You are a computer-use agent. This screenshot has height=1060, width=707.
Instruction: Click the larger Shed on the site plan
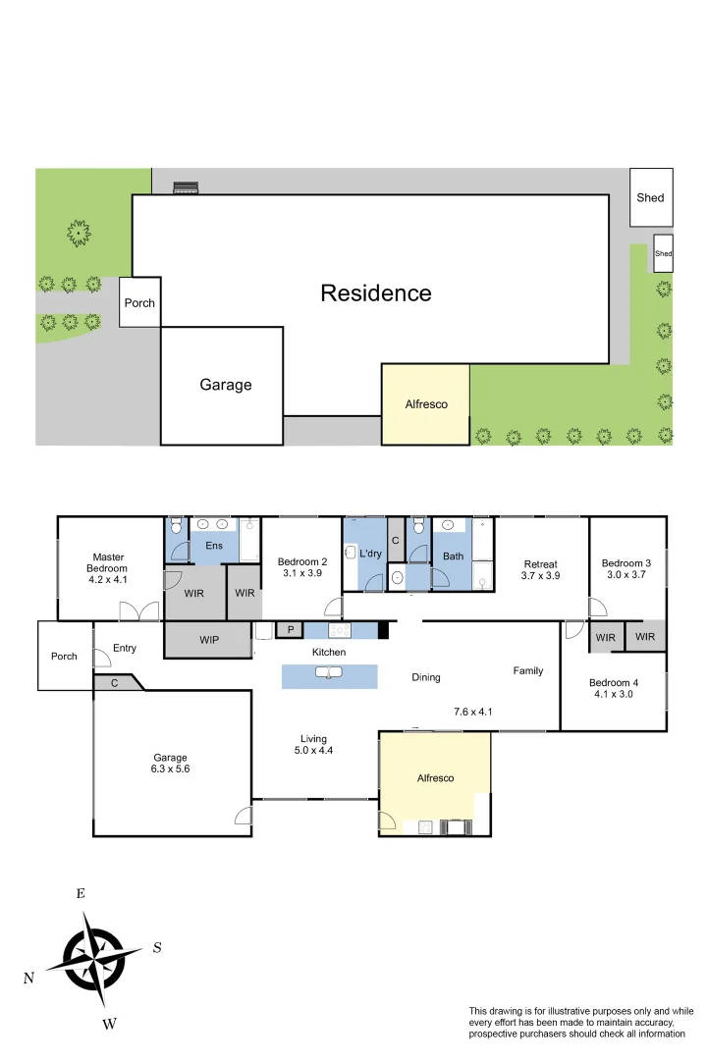pyautogui.click(x=650, y=197)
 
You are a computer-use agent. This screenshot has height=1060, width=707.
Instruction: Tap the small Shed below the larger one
pyautogui.click(x=664, y=254)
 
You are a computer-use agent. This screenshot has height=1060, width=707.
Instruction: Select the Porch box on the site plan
pyautogui.click(x=139, y=302)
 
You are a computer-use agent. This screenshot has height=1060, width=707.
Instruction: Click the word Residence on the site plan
pyautogui.click(x=375, y=292)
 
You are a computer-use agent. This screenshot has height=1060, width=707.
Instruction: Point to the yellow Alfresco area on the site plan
pyautogui.click(x=426, y=403)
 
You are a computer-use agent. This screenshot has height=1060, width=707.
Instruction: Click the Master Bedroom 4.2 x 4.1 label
pyautogui.click(x=107, y=568)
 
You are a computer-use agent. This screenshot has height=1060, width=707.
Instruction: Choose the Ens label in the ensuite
pyautogui.click(x=213, y=545)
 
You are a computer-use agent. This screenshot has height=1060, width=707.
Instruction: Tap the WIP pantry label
pyautogui.click(x=209, y=640)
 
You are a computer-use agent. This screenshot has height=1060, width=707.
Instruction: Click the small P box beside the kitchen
pyautogui.click(x=290, y=629)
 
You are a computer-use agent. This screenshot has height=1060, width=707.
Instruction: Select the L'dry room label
pyautogui.click(x=370, y=554)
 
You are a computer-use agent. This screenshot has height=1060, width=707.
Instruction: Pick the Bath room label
pyautogui.click(x=453, y=556)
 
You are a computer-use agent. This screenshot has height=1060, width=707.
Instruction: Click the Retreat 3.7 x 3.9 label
pyautogui.click(x=540, y=570)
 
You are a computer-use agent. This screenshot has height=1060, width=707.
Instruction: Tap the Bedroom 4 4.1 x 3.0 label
pyautogui.click(x=613, y=688)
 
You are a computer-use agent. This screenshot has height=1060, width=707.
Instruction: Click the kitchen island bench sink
pyautogui.click(x=329, y=673)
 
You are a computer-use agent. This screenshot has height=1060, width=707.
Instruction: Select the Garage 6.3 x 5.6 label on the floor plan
pyautogui.click(x=170, y=764)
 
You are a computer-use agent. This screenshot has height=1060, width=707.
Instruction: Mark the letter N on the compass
pyautogui.click(x=29, y=979)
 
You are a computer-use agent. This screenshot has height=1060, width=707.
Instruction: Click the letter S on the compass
pyautogui.click(x=157, y=948)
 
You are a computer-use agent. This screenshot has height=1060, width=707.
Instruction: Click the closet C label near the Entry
pyautogui.click(x=115, y=682)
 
